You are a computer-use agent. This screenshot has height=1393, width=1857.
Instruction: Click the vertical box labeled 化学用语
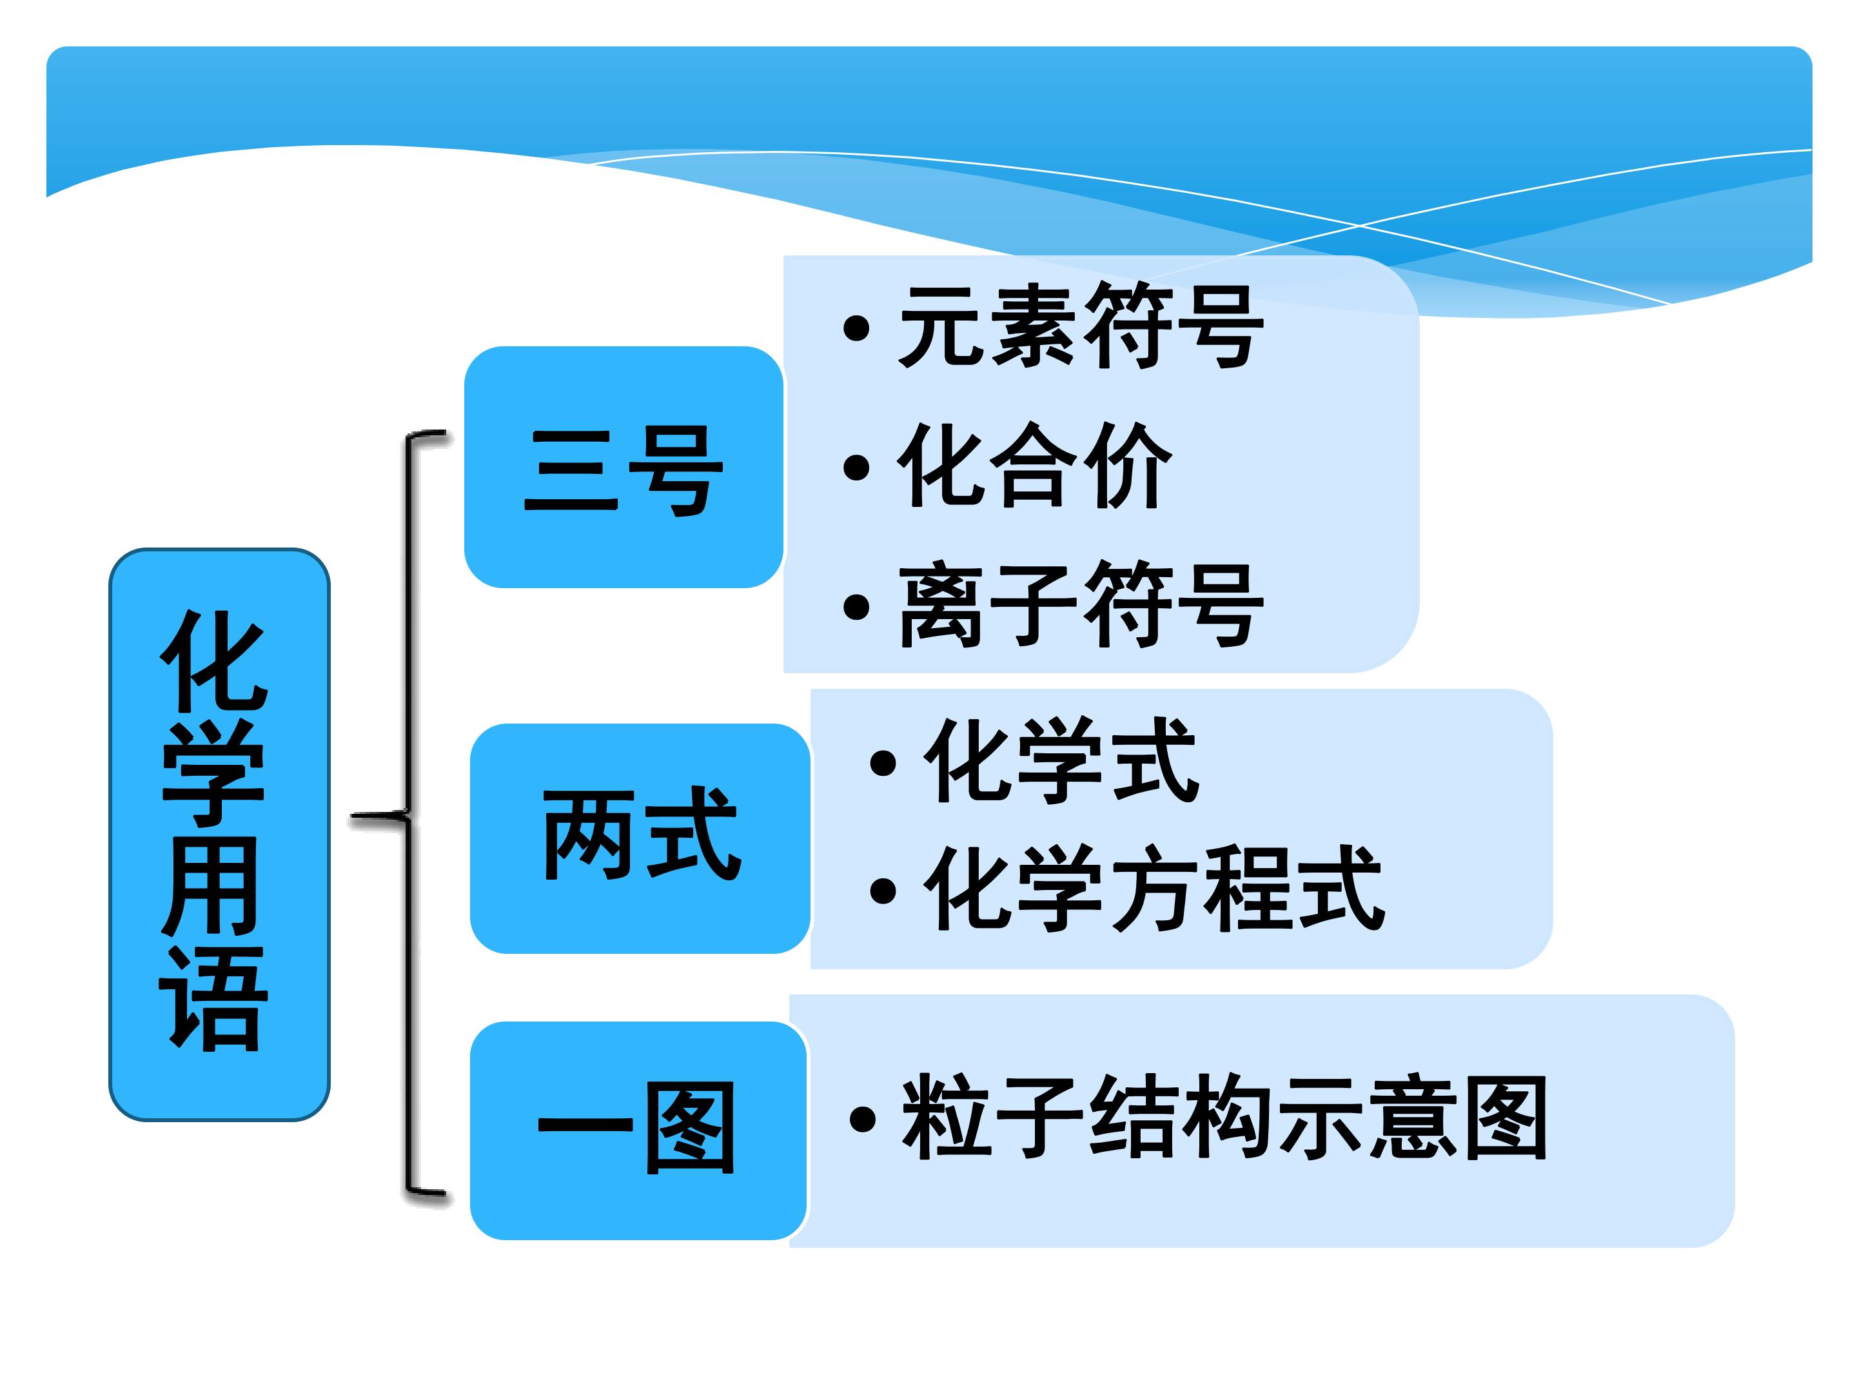[x=219, y=834]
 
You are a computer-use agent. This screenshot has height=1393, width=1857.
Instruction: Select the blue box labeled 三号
[x=624, y=467]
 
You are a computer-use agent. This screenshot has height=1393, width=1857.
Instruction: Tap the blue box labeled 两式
[x=640, y=838]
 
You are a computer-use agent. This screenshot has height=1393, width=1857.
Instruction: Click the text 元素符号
[x=1081, y=326]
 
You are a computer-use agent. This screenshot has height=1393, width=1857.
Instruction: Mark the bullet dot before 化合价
[x=856, y=468]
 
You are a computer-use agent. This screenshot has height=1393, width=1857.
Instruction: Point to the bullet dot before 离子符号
[x=856, y=607]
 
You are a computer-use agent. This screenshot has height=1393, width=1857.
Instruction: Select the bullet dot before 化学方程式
[x=883, y=891]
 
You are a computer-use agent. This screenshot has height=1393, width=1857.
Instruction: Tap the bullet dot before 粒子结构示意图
[x=863, y=1118]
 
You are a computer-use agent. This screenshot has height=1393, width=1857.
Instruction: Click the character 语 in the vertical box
[x=213, y=998]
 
